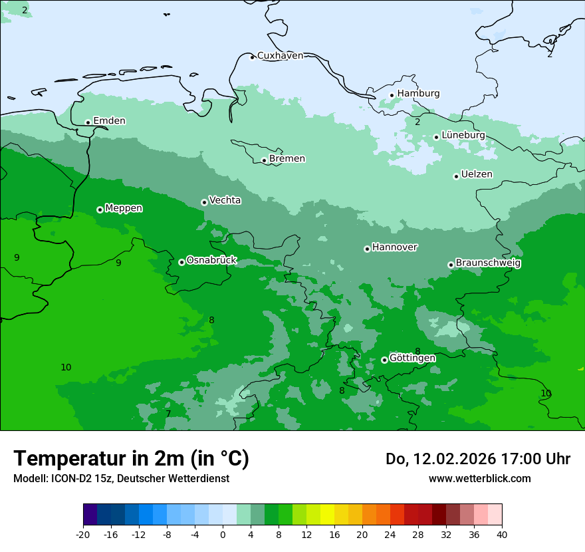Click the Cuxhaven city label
[x=280, y=56]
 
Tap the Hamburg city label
[x=418, y=94]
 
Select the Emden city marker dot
[x=88, y=122]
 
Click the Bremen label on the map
[x=287, y=159]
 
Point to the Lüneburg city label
[x=463, y=135]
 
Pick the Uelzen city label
[x=477, y=174]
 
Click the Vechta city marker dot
[x=204, y=202]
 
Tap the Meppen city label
[x=124, y=208]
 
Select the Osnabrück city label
[x=211, y=260]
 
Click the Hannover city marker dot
[x=367, y=249]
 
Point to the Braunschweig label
[x=488, y=263]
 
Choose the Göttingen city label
[x=412, y=358]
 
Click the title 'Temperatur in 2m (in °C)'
[x=131, y=458]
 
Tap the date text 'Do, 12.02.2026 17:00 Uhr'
[x=477, y=459]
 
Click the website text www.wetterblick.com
[x=479, y=478]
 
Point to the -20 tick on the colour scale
[x=83, y=534]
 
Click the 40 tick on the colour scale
[x=502, y=534]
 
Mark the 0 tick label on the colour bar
[x=223, y=534]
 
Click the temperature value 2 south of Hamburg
[x=417, y=122]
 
